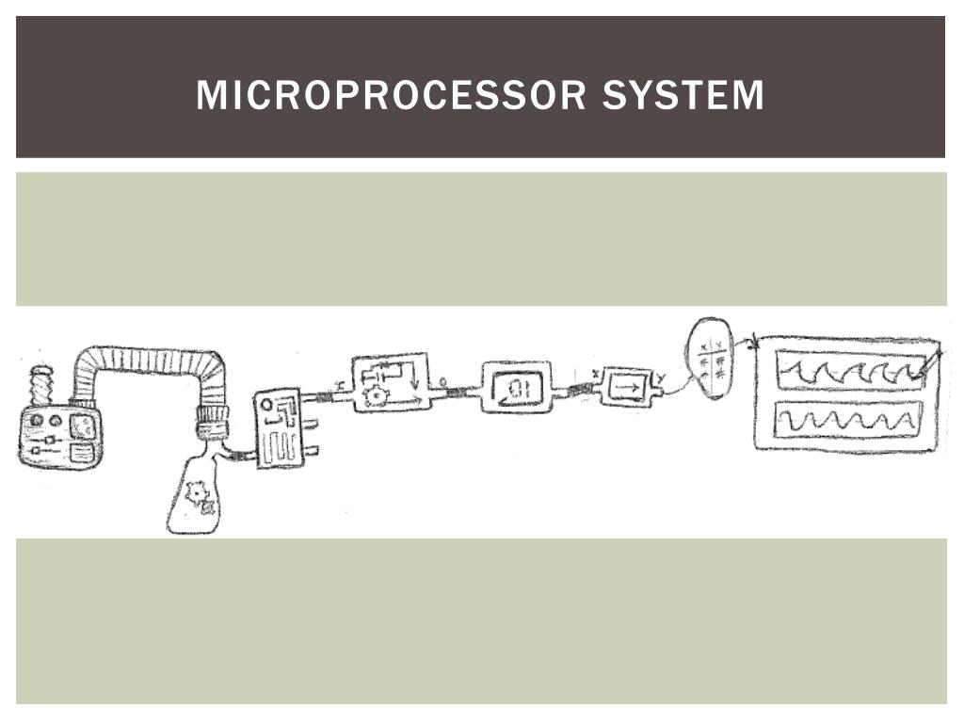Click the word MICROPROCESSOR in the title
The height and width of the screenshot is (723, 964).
pos(392,96)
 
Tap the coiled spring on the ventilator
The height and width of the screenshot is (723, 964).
pos(40,385)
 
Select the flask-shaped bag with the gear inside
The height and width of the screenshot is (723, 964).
pos(196,495)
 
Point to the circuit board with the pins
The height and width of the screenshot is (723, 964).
pos(279,428)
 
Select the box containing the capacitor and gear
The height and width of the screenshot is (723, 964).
pos(390,382)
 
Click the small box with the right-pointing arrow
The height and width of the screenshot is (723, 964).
pos(626,386)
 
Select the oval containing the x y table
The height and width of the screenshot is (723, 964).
pos(710,360)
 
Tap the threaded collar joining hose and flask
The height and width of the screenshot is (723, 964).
pos(211,423)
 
